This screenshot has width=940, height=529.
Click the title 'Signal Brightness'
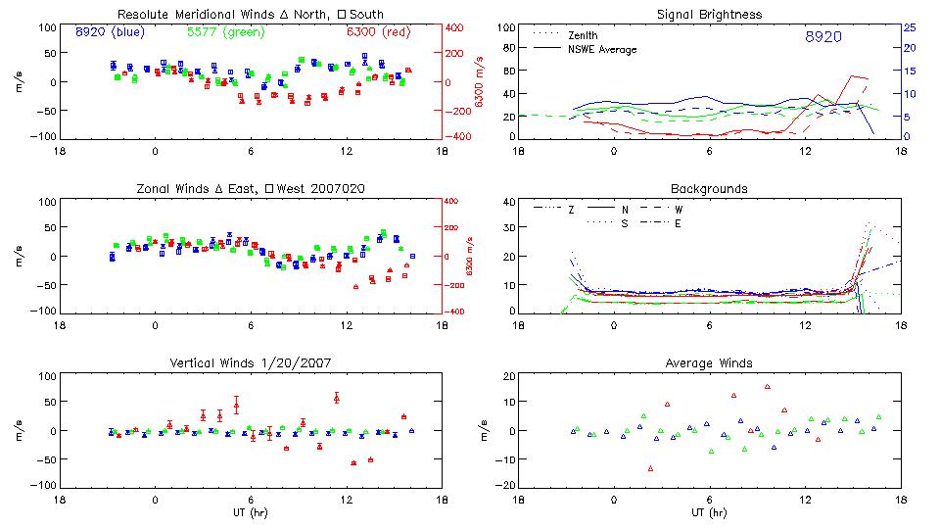click(709, 15)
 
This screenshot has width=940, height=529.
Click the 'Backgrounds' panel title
click(709, 188)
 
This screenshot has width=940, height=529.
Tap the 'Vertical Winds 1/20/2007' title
click(251, 363)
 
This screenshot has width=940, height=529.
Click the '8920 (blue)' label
click(110, 31)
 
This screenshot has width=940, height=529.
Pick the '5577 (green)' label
click(225, 31)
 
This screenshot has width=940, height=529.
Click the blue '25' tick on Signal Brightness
click(909, 27)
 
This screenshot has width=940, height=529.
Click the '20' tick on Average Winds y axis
click(509, 376)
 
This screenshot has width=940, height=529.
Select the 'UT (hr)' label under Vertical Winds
click(251, 511)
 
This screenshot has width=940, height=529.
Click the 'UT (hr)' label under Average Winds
click(709, 511)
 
